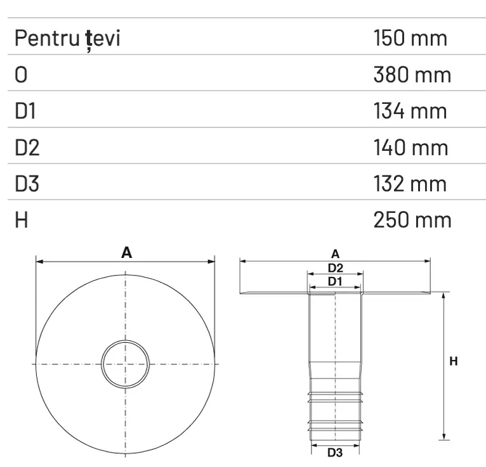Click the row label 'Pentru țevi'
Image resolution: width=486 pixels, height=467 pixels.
68,39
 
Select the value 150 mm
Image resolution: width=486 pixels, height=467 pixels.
410,39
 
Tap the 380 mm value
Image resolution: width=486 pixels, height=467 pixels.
412,75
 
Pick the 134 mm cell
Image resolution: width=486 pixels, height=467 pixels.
410,112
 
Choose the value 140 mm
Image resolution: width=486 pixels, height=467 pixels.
411,148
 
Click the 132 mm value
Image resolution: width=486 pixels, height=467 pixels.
410,184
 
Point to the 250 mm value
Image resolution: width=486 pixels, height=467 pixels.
412,221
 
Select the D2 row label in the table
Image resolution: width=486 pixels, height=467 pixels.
27,148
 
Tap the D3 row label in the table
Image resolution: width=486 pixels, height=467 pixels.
27,184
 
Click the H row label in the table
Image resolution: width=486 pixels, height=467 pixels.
21,221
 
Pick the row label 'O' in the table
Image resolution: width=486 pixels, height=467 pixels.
22,75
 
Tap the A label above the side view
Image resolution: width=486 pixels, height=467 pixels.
336,254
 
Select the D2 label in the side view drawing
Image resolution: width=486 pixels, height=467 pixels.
336,267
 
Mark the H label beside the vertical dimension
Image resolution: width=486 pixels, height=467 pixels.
453,361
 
